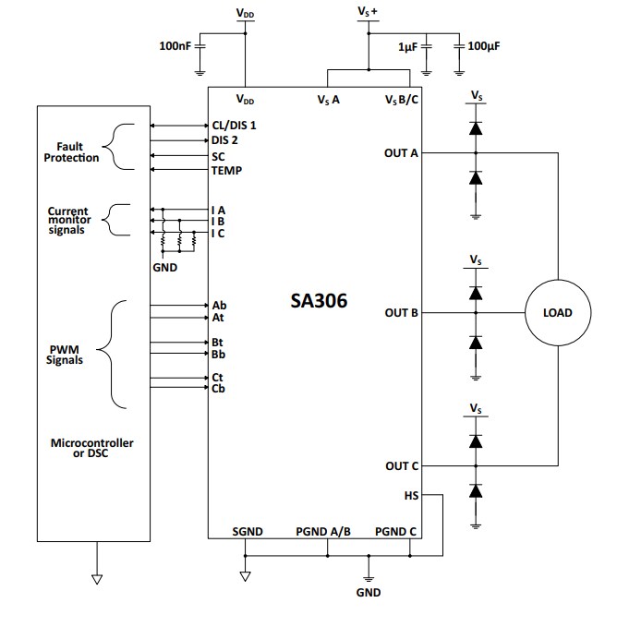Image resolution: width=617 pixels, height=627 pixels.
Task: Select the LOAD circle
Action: [x=558, y=313]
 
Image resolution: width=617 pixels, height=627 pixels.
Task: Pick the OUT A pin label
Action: [x=401, y=153]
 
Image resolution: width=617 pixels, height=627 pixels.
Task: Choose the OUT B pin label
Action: [x=401, y=313]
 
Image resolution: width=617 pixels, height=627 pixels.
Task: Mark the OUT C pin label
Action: [x=401, y=466]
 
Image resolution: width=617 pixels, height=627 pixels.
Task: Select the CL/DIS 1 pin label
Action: [x=234, y=126]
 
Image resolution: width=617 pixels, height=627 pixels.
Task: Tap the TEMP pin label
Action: [x=226, y=171]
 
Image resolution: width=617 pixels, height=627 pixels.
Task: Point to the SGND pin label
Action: [x=247, y=532]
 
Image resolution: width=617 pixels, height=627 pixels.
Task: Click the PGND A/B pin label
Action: [x=322, y=532]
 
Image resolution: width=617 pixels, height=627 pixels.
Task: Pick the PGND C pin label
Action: [x=395, y=532]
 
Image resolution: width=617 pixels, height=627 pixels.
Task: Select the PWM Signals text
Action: [x=65, y=355]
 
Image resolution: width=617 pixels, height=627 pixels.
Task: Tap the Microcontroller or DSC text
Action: [x=92, y=448]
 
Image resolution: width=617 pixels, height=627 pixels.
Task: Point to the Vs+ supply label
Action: [x=368, y=11]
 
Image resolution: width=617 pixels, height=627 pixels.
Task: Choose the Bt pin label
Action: [x=218, y=343]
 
